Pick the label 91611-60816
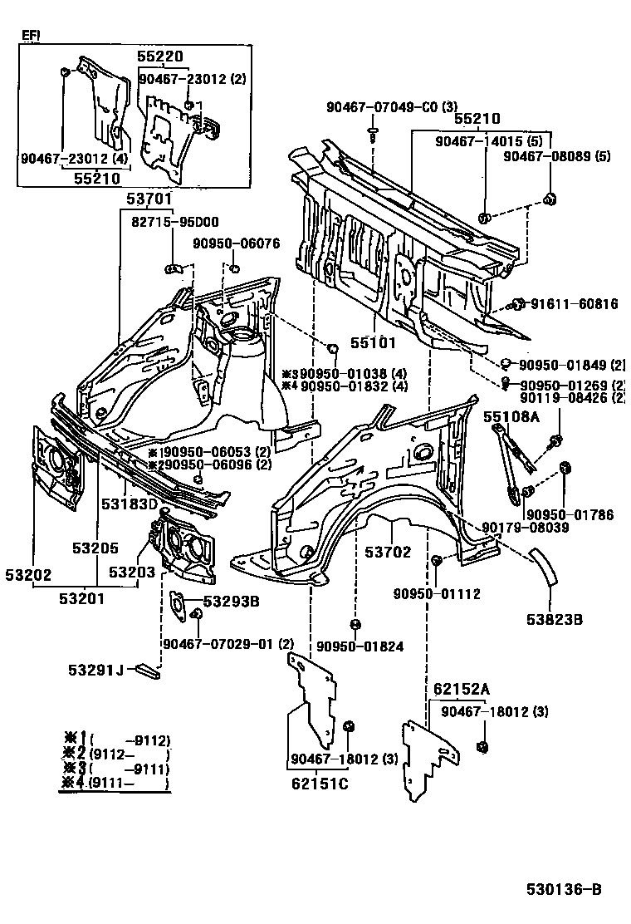coord(575,304)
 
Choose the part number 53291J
coord(96,669)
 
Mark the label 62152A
coord(461,689)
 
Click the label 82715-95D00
coord(174,222)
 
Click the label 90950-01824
coord(355,645)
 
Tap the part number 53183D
coord(130,504)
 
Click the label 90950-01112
coord(437,594)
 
